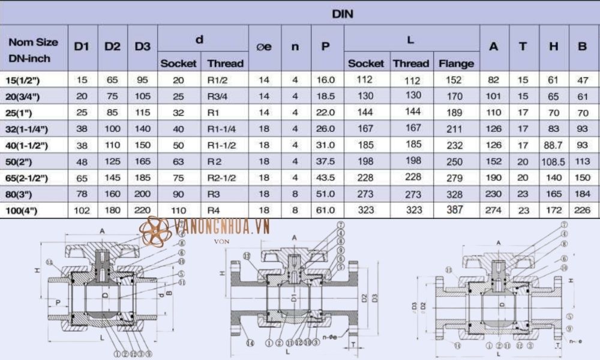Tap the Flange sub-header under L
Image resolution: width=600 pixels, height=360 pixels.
click(x=456, y=63)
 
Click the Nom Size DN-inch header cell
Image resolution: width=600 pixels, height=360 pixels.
click(x=34, y=50)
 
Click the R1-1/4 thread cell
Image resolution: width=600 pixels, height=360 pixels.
click(x=221, y=129)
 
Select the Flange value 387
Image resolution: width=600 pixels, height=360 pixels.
click(x=456, y=210)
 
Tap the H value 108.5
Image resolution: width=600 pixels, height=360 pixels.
click(x=553, y=161)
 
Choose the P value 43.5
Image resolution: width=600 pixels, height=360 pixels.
click(x=325, y=178)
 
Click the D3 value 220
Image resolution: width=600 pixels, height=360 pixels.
click(x=142, y=210)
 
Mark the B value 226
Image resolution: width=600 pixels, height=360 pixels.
click(x=582, y=210)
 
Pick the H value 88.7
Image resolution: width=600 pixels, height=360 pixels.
click(x=553, y=145)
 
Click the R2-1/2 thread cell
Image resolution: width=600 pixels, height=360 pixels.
click(x=221, y=178)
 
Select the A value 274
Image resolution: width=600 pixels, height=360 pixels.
click(x=494, y=210)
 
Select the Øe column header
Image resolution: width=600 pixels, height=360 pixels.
click(x=264, y=46)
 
